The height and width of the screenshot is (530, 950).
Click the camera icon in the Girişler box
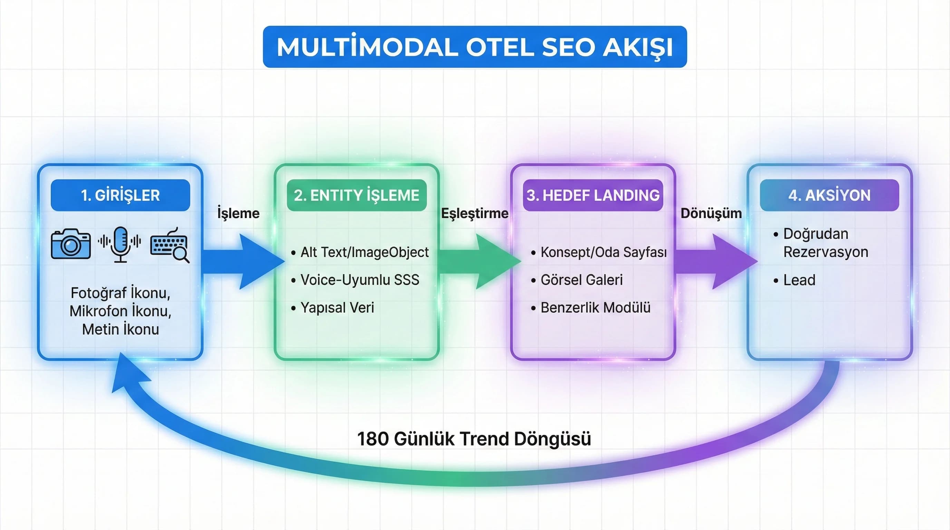(71, 244)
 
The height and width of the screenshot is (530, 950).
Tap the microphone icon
(120, 244)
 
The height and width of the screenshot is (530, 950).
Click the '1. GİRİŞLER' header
(120, 195)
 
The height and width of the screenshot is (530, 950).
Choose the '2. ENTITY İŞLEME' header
(356, 195)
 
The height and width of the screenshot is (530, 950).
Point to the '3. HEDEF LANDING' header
(593, 195)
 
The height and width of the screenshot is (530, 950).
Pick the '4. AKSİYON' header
(830, 195)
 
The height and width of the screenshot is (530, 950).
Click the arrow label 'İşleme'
(238, 213)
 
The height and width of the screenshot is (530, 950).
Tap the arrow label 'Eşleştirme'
(475, 213)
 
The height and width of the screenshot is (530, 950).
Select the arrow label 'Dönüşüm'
(711, 213)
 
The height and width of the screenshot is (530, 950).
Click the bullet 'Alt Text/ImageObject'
(364, 253)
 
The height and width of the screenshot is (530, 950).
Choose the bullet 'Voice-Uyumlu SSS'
(360, 280)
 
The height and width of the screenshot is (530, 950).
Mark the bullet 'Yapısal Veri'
(337, 308)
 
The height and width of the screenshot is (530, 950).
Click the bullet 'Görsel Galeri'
(581, 280)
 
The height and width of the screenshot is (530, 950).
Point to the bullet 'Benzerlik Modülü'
(595, 308)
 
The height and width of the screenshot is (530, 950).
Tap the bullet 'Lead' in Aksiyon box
(799, 280)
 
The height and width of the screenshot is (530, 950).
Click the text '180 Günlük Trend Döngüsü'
(474, 439)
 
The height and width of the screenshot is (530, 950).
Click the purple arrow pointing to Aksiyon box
(716, 261)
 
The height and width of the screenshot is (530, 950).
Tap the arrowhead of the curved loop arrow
(129, 374)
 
